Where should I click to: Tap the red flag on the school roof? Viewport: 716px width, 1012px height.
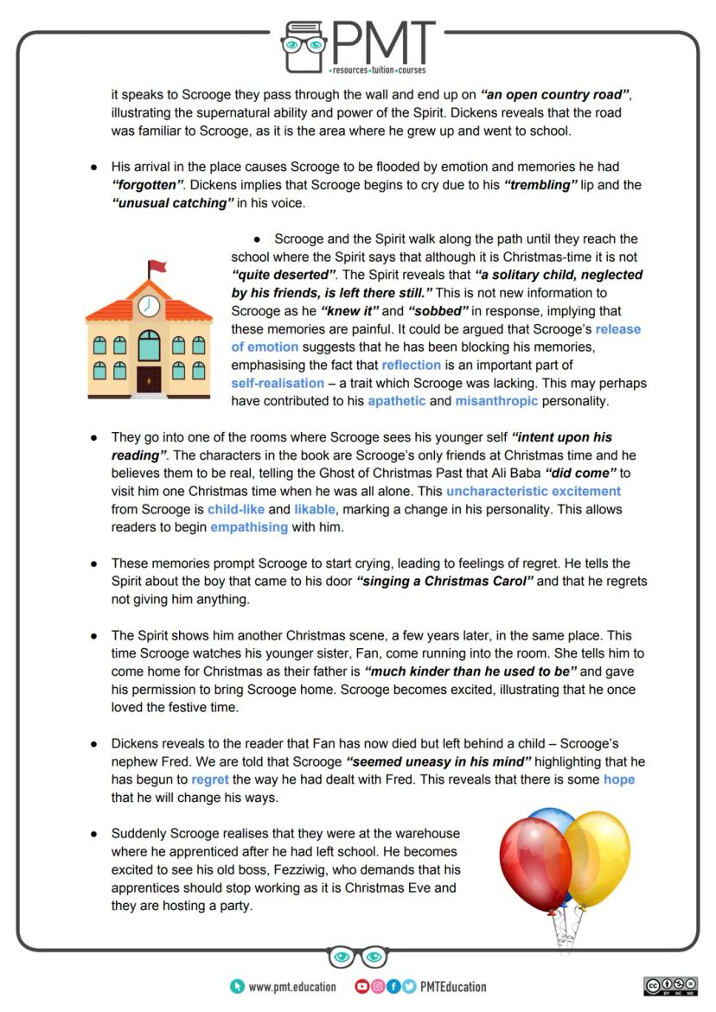click(157, 266)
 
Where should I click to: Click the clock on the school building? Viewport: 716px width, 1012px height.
click(150, 306)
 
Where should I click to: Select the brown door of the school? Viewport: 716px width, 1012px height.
click(150, 379)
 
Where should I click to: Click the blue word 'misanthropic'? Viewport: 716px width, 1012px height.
click(496, 401)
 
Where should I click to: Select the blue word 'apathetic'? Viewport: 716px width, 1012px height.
click(396, 401)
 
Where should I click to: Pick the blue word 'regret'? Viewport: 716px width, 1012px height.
click(210, 779)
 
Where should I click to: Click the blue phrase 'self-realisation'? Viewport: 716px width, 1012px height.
click(277, 383)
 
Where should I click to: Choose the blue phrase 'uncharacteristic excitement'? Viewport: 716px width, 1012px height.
click(534, 491)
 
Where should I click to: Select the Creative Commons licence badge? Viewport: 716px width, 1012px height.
click(671, 986)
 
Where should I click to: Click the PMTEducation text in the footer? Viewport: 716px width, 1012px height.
click(452, 986)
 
